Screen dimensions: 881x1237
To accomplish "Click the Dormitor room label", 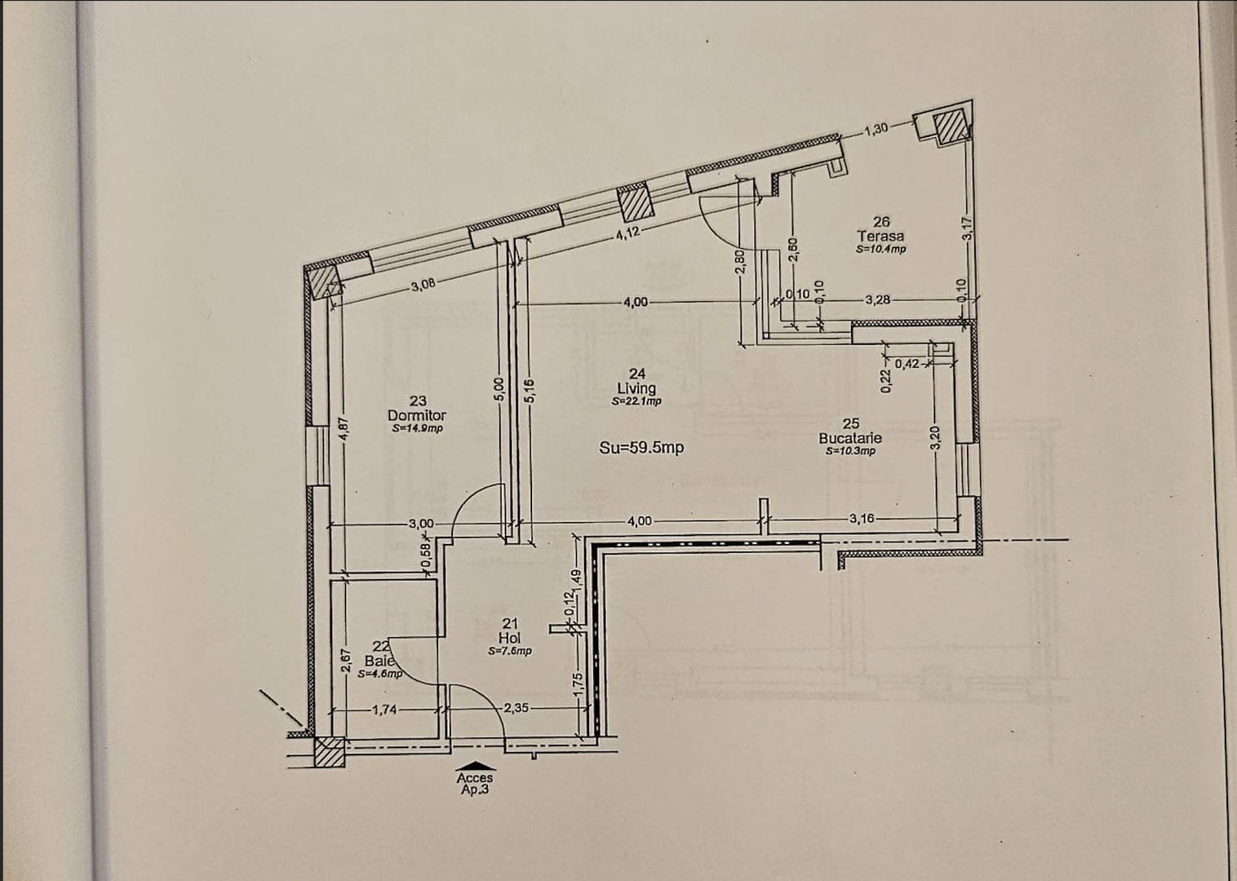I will (x=417, y=414).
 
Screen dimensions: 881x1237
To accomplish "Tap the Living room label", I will (x=636, y=387).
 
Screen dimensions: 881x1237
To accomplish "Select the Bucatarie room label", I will (x=850, y=437).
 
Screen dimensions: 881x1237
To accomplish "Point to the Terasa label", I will (x=880, y=236).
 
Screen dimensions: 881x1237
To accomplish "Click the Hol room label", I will (x=510, y=637).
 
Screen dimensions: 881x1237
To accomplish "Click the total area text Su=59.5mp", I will (x=641, y=448).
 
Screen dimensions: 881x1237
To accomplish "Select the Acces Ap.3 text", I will (x=475, y=784).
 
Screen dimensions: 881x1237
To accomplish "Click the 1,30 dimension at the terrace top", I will (x=875, y=129).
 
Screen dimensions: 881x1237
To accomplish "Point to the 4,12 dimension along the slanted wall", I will (x=627, y=232).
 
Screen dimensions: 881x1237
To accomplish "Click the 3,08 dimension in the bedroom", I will (x=423, y=285).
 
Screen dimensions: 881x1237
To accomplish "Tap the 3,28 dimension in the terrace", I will (x=877, y=299).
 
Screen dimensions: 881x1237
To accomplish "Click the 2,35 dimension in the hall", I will (x=517, y=708).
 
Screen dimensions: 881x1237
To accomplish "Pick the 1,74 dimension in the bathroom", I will (x=384, y=710).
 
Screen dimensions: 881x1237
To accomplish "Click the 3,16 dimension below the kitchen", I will (x=862, y=518).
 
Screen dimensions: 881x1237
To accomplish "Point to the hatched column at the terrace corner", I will (x=949, y=127).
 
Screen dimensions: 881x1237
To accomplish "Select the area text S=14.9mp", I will (x=417, y=428).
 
